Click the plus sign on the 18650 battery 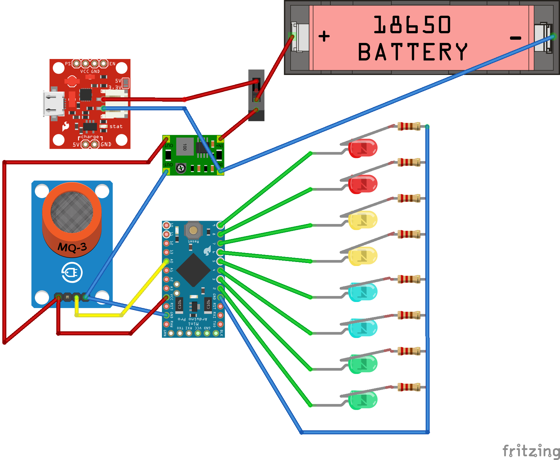324,36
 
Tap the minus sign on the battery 515,38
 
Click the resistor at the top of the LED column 409,126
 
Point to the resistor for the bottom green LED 409,387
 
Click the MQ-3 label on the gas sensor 72,247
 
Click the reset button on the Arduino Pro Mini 193,230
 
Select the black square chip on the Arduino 193,270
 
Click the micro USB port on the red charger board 53,104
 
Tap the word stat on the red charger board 116,126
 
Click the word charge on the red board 90,137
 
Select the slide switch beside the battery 256,95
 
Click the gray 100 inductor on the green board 185,147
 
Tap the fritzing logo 531,451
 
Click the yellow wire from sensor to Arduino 100,315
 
